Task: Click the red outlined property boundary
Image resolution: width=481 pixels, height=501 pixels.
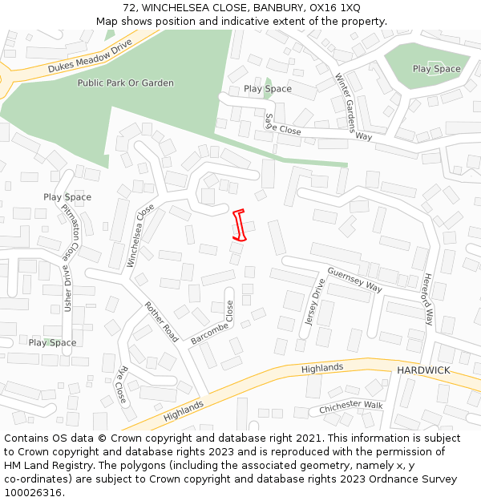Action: click(239, 224)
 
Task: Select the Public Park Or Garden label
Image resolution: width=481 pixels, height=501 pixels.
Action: click(125, 83)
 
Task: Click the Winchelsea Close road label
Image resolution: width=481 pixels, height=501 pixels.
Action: click(141, 236)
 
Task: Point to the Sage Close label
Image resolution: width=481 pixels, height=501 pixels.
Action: click(282, 124)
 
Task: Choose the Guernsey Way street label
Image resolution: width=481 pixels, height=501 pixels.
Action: click(354, 280)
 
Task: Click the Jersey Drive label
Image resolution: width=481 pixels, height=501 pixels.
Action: click(313, 302)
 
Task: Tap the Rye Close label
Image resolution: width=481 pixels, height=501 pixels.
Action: click(122, 384)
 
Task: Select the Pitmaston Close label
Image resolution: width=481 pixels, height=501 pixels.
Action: click(71, 230)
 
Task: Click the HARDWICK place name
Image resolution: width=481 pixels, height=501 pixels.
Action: click(423, 370)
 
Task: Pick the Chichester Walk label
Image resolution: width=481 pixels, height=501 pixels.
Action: click(351, 407)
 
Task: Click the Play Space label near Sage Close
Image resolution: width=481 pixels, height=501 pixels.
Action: click(268, 88)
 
